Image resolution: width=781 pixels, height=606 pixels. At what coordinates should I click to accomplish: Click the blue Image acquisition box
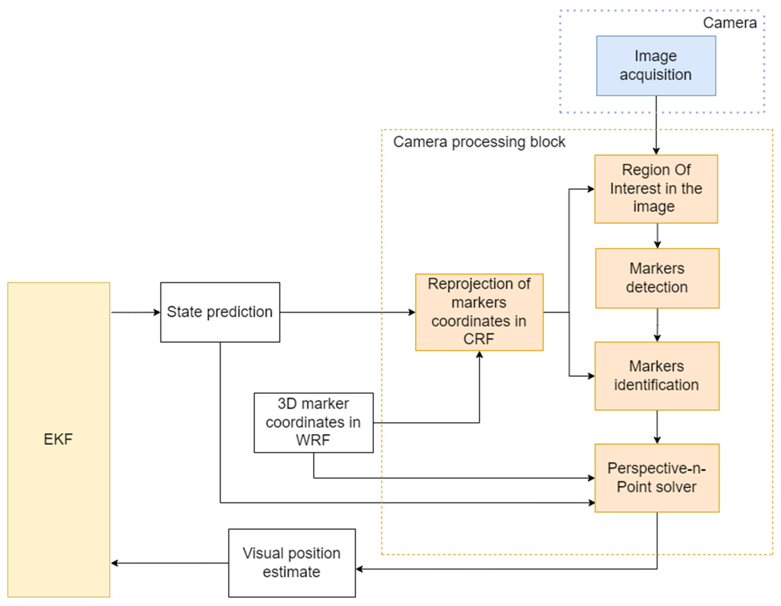click(656, 65)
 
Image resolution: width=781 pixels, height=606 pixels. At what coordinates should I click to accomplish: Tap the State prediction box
click(220, 312)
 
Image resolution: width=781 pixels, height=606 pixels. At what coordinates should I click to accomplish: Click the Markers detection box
click(657, 278)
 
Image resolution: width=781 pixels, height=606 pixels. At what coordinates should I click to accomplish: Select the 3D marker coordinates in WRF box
click(313, 423)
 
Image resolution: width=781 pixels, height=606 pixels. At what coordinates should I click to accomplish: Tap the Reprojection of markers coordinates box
click(479, 312)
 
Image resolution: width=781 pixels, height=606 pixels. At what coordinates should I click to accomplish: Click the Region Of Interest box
click(656, 189)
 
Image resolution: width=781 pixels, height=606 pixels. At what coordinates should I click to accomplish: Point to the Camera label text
click(730, 23)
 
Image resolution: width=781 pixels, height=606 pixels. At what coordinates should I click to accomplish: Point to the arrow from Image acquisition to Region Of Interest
click(656, 125)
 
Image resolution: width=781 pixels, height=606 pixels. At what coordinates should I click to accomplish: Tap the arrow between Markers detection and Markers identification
click(657, 325)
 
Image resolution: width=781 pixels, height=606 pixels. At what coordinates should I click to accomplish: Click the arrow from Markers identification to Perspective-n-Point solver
click(657, 427)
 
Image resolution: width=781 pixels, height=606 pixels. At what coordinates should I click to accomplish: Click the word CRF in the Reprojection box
click(478, 339)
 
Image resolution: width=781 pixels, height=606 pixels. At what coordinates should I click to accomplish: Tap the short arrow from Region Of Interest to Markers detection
click(657, 236)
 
